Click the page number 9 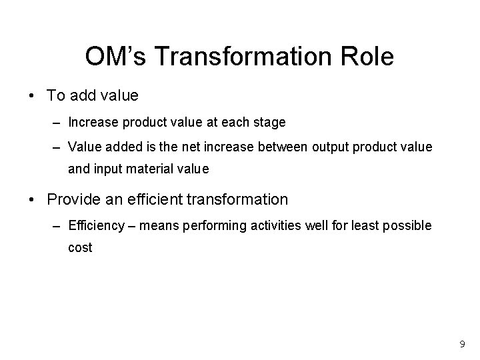pos(462,345)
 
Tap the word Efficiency pos(96,226)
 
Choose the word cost pos(80,247)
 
